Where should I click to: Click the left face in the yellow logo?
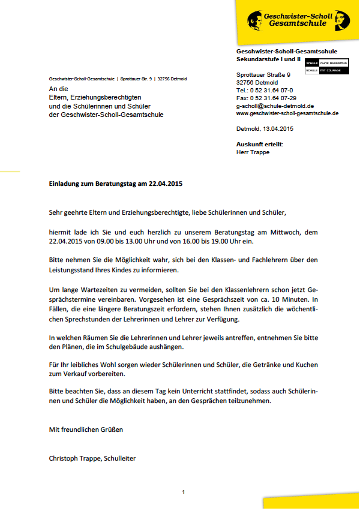coord(254,19)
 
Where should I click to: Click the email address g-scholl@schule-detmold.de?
coord(271,106)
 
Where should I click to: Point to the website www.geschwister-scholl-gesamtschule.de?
coord(287,113)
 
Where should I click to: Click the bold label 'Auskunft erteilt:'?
coord(260,145)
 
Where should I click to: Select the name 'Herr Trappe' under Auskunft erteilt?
coord(253,152)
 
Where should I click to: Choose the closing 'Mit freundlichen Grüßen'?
coord(86,429)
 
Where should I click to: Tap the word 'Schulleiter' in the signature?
coord(120,459)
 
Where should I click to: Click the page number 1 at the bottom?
coord(184,492)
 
